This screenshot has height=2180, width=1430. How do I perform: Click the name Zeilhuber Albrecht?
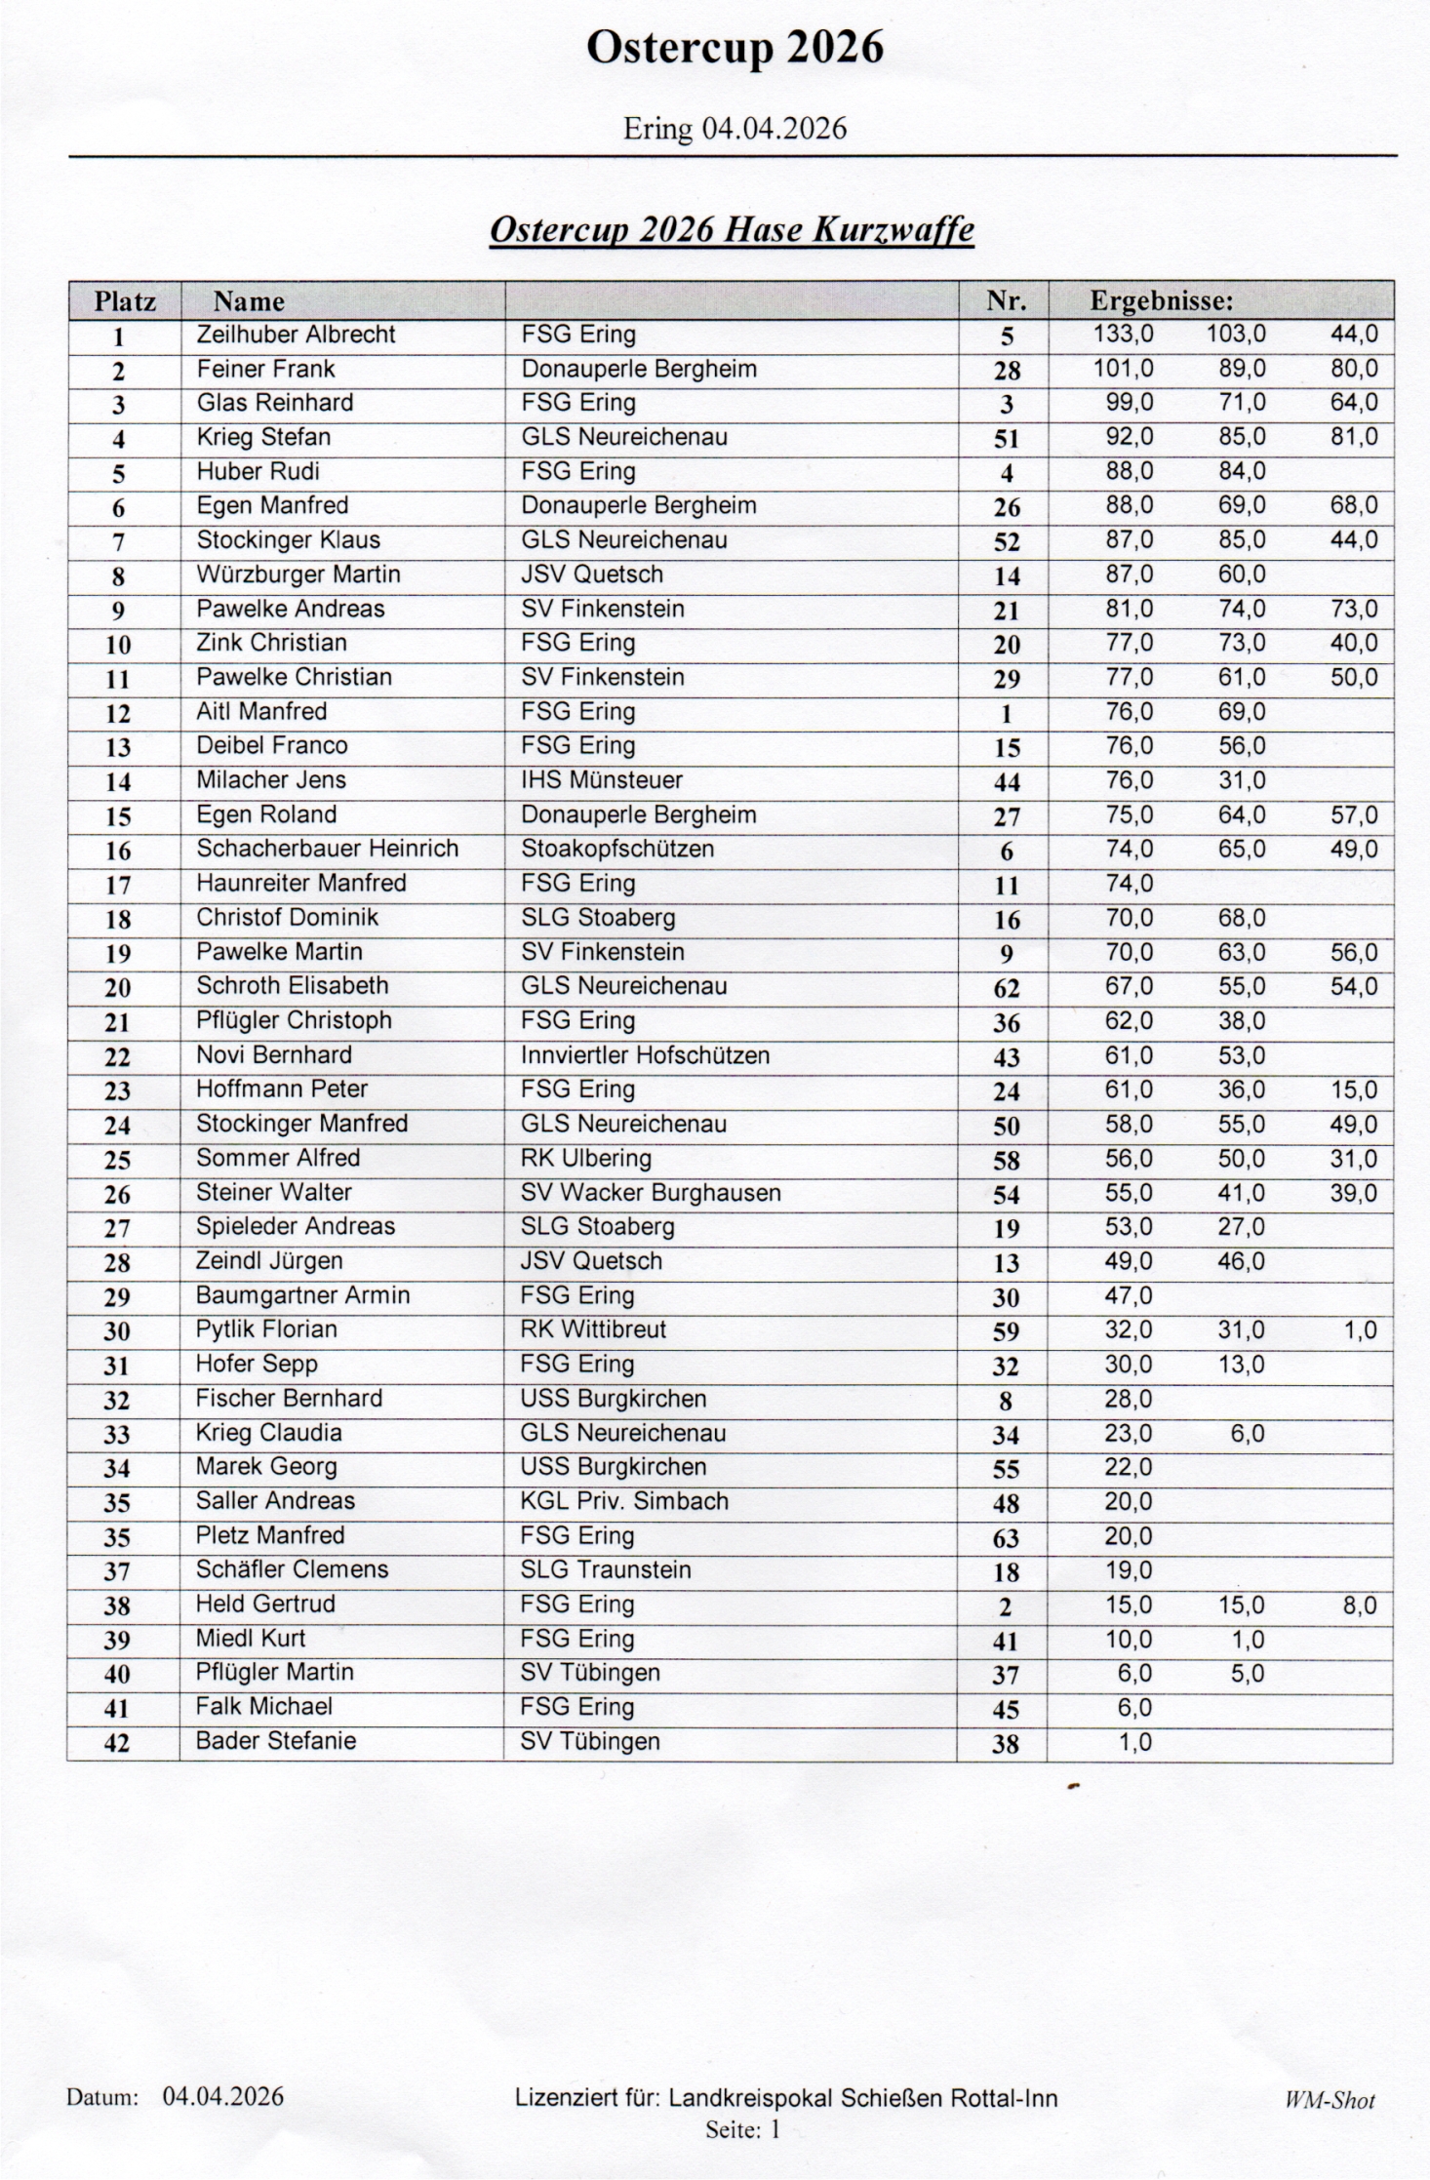(296, 335)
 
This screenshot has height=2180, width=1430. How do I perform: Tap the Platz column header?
(125, 301)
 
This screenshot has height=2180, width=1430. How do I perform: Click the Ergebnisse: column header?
(1161, 301)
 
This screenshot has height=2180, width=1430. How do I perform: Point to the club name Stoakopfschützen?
(616, 849)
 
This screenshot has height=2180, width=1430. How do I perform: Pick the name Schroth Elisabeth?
(292, 986)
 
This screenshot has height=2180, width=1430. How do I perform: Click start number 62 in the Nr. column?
(1006, 988)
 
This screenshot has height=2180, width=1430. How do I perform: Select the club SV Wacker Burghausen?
(650, 1192)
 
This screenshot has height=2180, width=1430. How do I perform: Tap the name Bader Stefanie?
(275, 1740)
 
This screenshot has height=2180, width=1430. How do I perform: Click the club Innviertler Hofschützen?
(645, 1055)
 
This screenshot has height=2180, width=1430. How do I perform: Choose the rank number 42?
(117, 1742)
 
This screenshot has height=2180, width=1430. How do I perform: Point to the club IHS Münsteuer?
(601, 780)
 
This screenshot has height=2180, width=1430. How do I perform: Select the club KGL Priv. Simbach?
(624, 1500)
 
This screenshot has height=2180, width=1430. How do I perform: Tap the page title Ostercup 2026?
(735, 47)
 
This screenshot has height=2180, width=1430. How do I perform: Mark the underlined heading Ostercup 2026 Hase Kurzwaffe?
(732, 230)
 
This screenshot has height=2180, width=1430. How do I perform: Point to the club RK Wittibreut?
(593, 1329)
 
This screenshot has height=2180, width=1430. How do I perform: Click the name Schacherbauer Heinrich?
(327, 849)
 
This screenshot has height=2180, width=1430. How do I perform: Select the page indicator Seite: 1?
(742, 2129)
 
